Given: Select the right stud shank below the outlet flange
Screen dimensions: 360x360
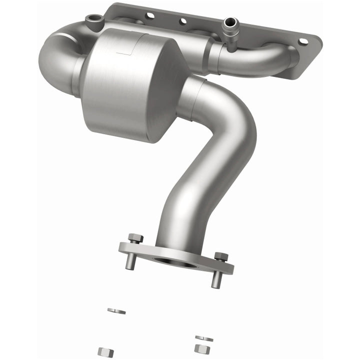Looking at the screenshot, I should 215,279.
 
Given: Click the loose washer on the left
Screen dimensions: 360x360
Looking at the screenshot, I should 116,311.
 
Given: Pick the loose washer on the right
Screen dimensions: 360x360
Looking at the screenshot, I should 203,338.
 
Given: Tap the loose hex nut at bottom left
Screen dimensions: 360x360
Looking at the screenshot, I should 104,351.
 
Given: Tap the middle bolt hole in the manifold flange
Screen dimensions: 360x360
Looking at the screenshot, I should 183,21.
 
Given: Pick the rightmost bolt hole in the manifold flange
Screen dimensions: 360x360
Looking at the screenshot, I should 302,41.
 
